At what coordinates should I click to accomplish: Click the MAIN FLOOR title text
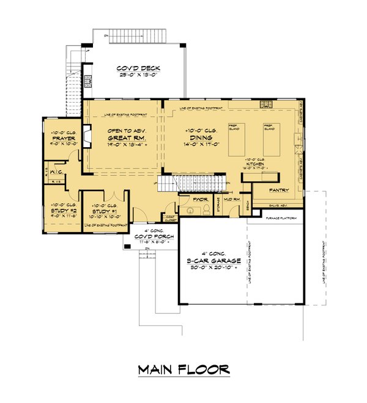pos(183,370)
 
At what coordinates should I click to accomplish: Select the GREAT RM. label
pos(125,139)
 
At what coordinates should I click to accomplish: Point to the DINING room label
pos(200,139)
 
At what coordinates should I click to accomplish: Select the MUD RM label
pos(231,199)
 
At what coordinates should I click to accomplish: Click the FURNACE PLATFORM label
pos(281,218)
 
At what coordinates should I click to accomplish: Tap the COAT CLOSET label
pos(169,217)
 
